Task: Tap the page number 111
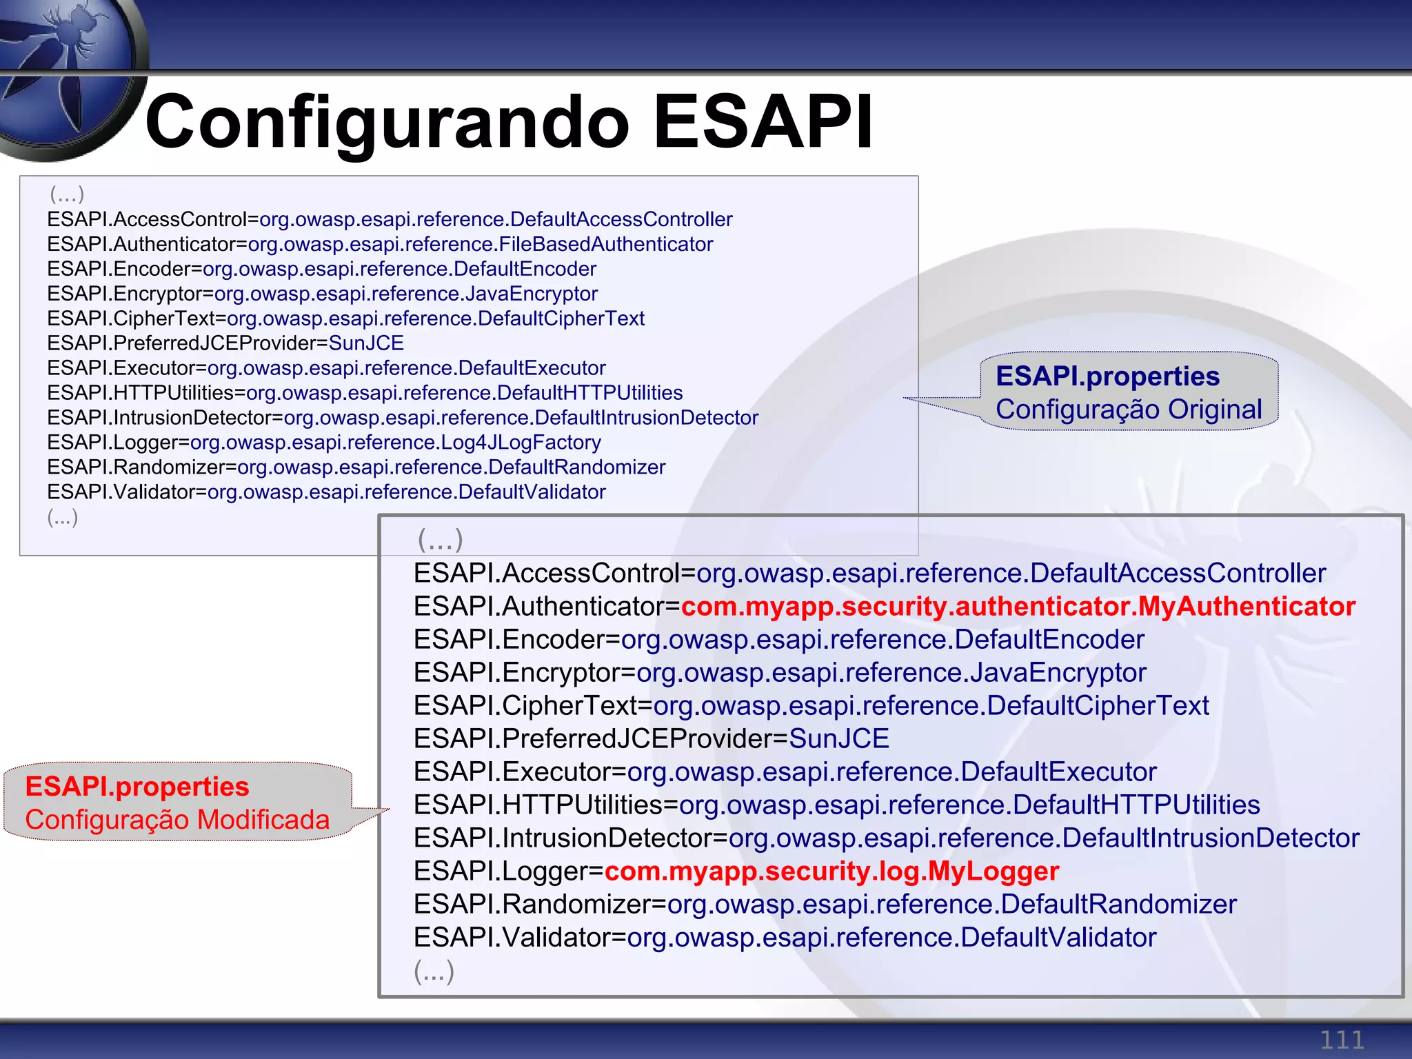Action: tap(1342, 1040)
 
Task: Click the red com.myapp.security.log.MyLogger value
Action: tap(831, 871)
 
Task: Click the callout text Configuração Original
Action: tap(1129, 410)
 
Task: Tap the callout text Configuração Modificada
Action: tap(177, 820)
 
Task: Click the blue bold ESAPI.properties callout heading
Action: tap(1107, 376)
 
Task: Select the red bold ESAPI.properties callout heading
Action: tap(137, 787)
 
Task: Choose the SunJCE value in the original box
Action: tap(366, 343)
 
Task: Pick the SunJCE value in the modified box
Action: tap(838, 739)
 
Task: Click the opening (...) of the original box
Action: tap(67, 194)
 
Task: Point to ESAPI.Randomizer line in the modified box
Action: tap(825, 905)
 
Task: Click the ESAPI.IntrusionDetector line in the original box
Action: tap(403, 418)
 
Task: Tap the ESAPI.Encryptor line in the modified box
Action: tap(779, 673)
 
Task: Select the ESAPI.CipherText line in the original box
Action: tap(345, 319)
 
